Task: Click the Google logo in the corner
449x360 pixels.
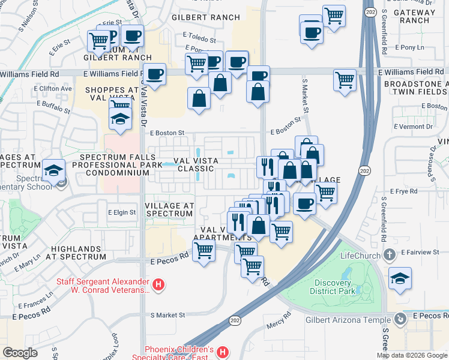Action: (x=20, y=353)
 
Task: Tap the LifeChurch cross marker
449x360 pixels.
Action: (x=390, y=256)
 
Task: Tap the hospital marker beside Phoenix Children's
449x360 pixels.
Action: (x=222, y=352)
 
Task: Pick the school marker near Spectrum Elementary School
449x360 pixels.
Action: (x=53, y=170)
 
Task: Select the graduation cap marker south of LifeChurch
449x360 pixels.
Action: (x=400, y=278)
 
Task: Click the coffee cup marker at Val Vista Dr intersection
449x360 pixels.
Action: (x=155, y=74)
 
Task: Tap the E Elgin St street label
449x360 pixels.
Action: (x=122, y=212)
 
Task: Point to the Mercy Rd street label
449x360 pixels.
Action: (x=279, y=320)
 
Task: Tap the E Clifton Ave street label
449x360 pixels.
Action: (x=53, y=89)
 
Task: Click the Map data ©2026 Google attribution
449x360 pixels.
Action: (x=411, y=355)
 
